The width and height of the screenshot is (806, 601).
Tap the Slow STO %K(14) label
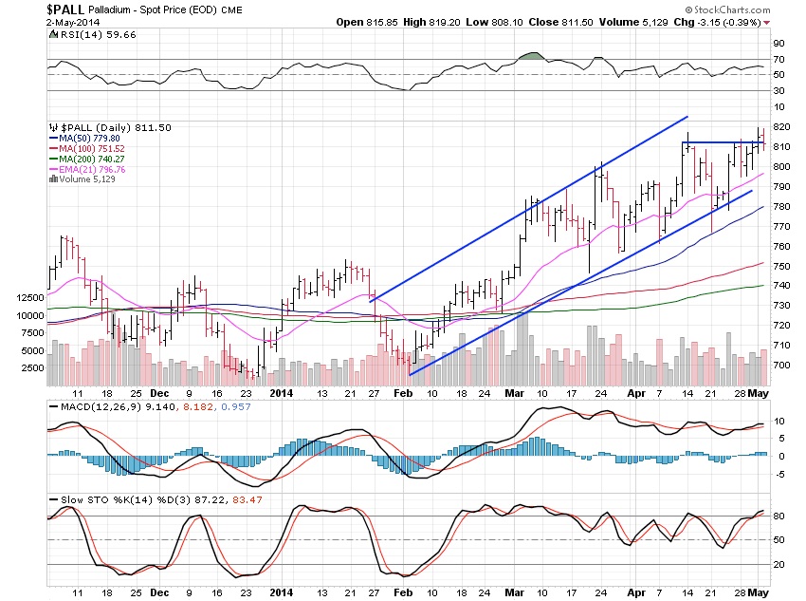(x=93, y=500)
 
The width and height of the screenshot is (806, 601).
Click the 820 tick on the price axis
(x=781, y=127)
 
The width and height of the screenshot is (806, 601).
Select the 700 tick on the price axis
(x=781, y=366)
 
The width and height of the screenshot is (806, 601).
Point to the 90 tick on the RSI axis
(x=779, y=44)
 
